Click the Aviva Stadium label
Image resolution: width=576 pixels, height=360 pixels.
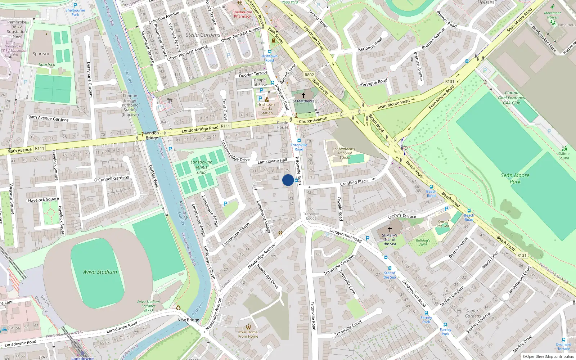pyautogui.click(x=100, y=272)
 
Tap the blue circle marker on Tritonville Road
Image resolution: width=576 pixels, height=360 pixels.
pyautogui.click(x=288, y=180)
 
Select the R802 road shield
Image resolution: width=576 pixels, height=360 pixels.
pyautogui.click(x=309, y=75)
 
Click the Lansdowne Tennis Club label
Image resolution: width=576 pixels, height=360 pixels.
pyautogui.click(x=201, y=167)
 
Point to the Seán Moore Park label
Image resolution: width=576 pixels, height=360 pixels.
pyautogui.click(x=515, y=178)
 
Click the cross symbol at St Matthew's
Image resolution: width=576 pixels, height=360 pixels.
pyautogui.click(x=303, y=95)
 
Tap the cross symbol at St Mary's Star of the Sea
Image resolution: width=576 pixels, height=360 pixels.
pyautogui.click(x=390, y=229)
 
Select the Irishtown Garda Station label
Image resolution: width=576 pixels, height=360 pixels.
pyautogui.click(x=266, y=109)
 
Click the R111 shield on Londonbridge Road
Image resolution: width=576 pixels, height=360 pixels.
pyautogui.click(x=225, y=126)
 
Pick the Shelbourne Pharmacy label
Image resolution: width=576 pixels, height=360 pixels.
pyautogui.click(x=242, y=14)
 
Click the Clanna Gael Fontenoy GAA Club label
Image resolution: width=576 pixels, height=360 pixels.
pyautogui.click(x=512, y=98)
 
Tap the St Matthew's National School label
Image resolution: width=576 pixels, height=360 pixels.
pyautogui.click(x=345, y=153)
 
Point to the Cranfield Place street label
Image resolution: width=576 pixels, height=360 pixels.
pyautogui.click(x=354, y=183)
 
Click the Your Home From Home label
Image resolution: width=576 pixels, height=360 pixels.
pyautogui.click(x=248, y=334)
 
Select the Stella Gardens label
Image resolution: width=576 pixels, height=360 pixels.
pyautogui.click(x=203, y=35)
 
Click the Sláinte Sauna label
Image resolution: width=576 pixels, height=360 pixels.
pyautogui.click(x=564, y=156)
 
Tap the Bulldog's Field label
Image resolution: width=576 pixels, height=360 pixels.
pyautogui.click(x=423, y=243)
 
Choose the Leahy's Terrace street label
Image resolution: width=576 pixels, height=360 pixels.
pyautogui.click(x=402, y=216)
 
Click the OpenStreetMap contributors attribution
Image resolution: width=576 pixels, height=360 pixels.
pyautogui.click(x=548, y=356)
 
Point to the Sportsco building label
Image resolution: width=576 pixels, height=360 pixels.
pyautogui.click(x=41, y=54)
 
